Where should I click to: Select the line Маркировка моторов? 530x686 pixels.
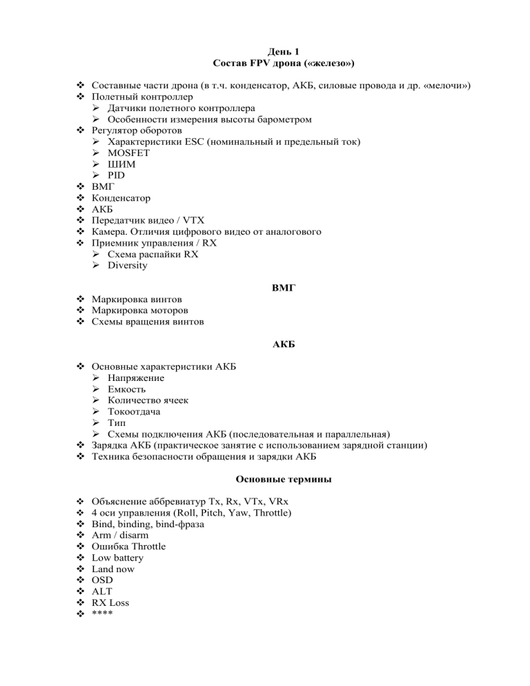[x=137, y=311]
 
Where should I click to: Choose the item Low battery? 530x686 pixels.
[x=119, y=558]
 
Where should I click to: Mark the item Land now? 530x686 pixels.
[x=113, y=569]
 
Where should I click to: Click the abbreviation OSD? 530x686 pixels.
[x=103, y=580]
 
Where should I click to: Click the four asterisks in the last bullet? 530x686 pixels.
[x=103, y=614]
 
